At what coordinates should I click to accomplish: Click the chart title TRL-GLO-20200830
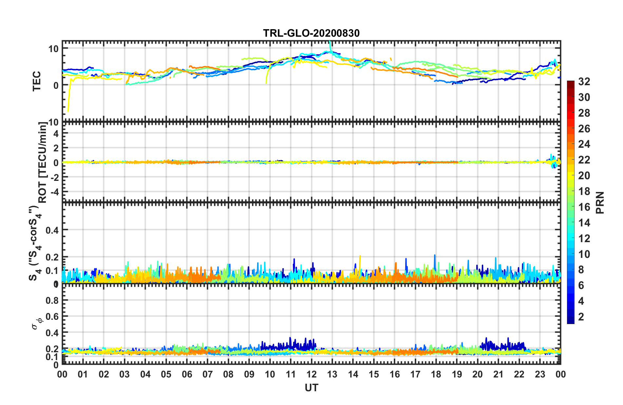[x=311, y=33]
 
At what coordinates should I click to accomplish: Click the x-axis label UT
[x=311, y=388]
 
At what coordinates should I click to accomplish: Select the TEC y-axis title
[x=37, y=81]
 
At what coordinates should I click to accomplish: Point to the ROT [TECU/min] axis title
[x=42, y=163]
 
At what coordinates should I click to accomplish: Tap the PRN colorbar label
[x=600, y=202]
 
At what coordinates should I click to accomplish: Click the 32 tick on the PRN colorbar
[x=584, y=82]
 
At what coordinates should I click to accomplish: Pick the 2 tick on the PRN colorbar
[x=581, y=317]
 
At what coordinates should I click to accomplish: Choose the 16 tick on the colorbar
[x=584, y=207]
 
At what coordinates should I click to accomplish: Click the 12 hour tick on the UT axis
[x=311, y=374]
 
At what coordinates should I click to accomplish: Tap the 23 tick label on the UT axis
[x=540, y=374]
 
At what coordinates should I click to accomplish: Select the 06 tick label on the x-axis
[x=187, y=374]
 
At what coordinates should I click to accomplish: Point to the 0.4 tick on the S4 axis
[x=52, y=230]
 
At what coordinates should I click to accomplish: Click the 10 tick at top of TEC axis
[x=53, y=49]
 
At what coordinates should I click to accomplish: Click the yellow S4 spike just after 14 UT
[x=360, y=262]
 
